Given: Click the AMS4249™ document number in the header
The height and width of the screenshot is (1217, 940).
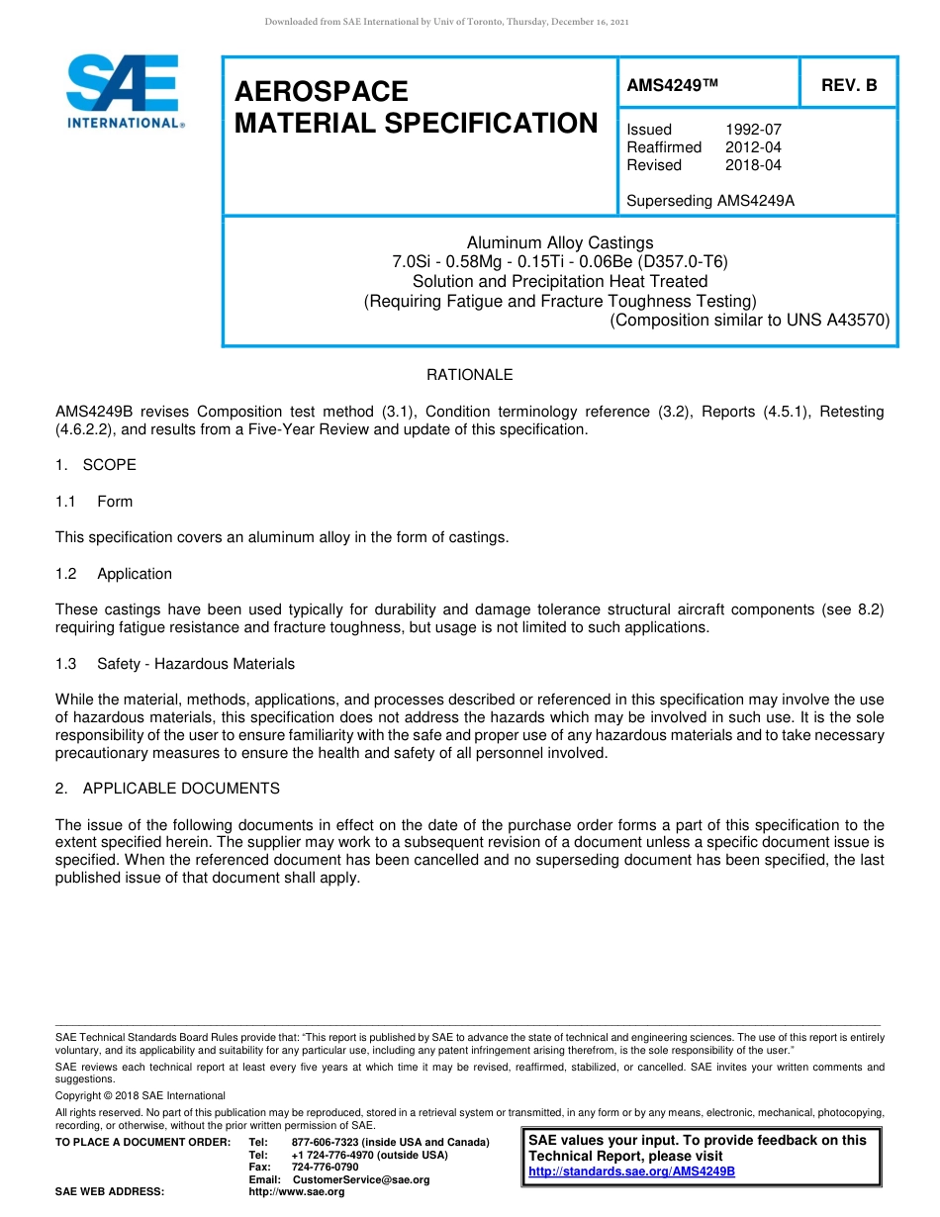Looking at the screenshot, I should pos(672,86).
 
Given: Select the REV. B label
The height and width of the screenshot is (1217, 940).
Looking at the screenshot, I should pos(849,86).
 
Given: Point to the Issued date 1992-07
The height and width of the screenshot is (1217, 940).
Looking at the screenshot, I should pos(753,130).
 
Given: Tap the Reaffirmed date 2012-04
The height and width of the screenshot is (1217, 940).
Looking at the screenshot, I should pos(753,147).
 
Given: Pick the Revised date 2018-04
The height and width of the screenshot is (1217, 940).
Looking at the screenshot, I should pos(753,165).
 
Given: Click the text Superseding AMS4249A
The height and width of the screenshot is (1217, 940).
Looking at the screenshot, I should pos(710,201).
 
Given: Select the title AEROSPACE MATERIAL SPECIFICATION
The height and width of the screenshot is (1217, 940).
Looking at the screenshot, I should pos(416,107).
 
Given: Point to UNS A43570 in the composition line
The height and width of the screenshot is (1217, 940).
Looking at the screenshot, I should pos(837,320).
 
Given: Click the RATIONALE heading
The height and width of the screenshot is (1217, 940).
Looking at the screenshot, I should pos(469,375).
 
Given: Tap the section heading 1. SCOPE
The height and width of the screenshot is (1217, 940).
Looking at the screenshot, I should pos(96,465).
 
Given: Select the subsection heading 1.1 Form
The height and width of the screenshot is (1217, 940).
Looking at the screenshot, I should pos(94,502).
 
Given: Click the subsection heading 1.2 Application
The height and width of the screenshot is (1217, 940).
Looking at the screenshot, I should pos(114,574).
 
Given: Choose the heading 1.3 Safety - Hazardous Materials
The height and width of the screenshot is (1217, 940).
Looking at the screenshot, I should pos(175,664).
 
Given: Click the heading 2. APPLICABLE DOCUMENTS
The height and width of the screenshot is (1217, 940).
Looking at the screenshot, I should pos(167,789).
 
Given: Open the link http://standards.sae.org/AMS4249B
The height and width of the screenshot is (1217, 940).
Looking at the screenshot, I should pos(631,1171).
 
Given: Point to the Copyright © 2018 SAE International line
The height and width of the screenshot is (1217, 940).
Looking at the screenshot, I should pos(141,1095).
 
